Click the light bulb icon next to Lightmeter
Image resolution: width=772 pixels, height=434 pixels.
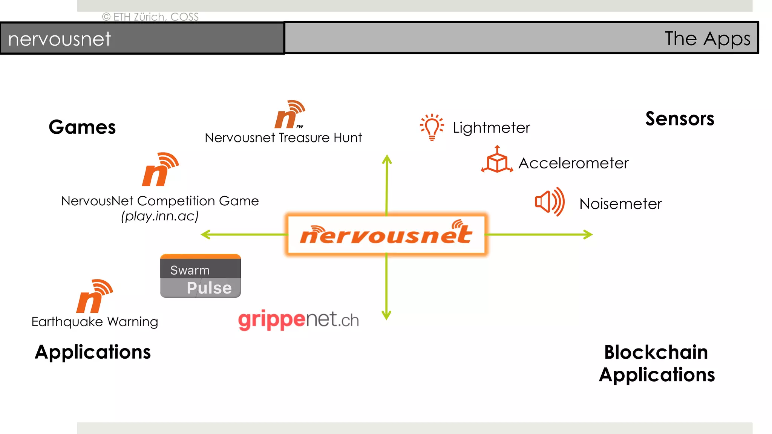coord(432,127)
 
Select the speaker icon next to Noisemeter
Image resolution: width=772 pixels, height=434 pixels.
coord(550,202)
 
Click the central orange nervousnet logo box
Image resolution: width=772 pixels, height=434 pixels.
coord(386,234)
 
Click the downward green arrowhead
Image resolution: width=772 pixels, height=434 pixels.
coord(386,315)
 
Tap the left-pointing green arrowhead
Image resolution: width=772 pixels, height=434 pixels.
coord(205,235)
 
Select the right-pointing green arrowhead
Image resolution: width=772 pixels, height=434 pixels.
coord(588,234)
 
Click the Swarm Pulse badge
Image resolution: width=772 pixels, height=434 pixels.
coord(200,276)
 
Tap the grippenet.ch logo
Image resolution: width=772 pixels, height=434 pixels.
coord(298,320)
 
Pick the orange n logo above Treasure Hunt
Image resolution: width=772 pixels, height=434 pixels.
coord(289,115)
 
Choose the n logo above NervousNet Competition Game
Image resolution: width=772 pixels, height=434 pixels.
coord(160,170)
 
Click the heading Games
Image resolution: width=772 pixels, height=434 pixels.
coord(82,127)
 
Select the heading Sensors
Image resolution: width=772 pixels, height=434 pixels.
coord(680,119)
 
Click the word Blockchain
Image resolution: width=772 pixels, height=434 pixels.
coord(656,352)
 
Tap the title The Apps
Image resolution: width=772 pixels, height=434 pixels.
coord(707,38)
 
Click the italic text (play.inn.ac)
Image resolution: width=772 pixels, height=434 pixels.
coord(160,216)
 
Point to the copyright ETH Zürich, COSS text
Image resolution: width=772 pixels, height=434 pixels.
coord(150,17)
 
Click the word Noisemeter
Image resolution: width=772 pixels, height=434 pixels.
coord(620,204)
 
